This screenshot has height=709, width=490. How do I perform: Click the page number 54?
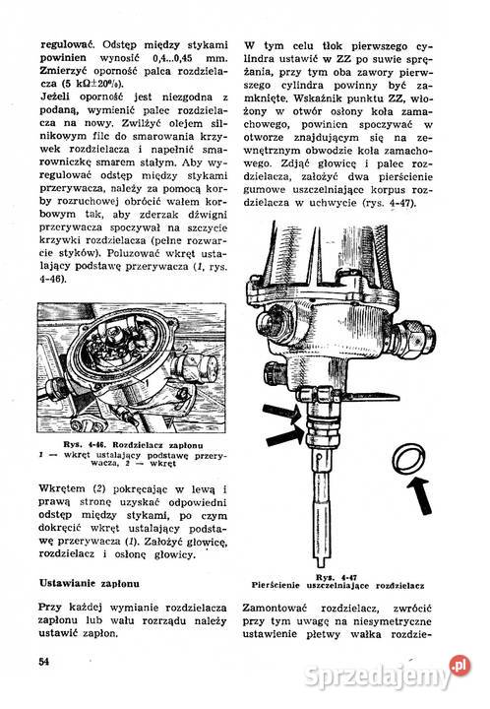pos(45,659)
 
